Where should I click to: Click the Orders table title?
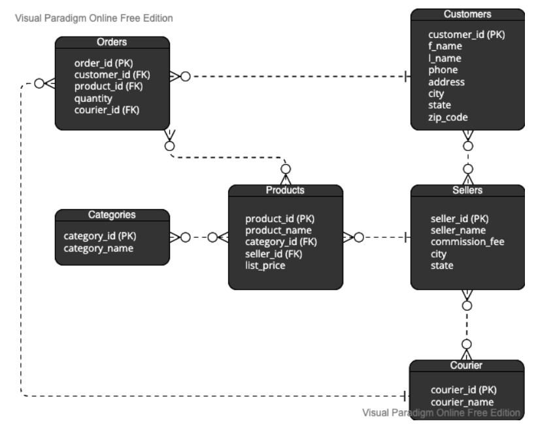click(112, 42)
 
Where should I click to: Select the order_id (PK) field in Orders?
click(103, 63)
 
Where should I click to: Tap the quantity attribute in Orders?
click(93, 98)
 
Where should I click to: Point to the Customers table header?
click(467, 14)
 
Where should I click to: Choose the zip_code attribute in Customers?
click(448, 117)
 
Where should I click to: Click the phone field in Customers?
click(443, 70)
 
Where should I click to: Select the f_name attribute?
click(445, 46)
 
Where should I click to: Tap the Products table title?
click(285, 190)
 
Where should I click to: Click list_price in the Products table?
click(265, 265)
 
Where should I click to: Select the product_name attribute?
click(278, 230)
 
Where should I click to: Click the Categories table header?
click(112, 214)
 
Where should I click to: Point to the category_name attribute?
click(98, 248)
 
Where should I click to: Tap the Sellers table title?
click(467, 190)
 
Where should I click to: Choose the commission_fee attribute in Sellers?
click(467, 242)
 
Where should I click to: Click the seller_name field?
click(458, 230)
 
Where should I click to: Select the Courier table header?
click(467, 365)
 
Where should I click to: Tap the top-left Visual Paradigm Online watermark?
click(89, 18)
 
